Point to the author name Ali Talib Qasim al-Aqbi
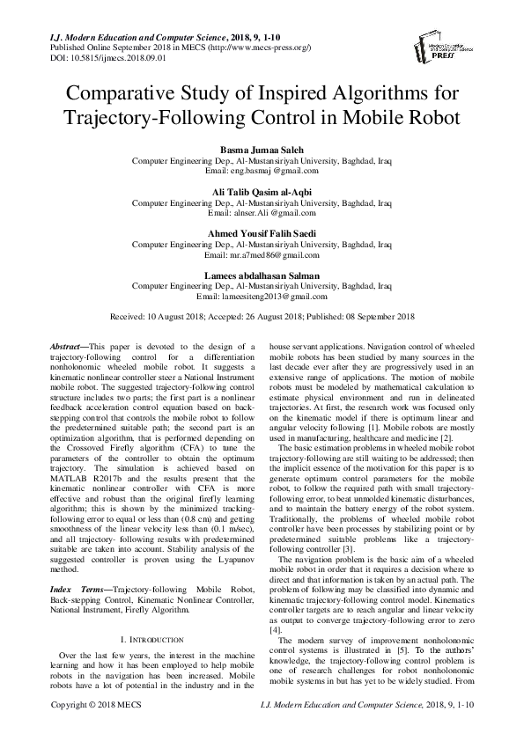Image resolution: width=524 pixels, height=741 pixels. point(262,192)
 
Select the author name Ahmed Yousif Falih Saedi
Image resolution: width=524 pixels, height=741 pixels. point(262,233)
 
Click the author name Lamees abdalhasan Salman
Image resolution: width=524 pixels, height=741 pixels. point(262,275)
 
